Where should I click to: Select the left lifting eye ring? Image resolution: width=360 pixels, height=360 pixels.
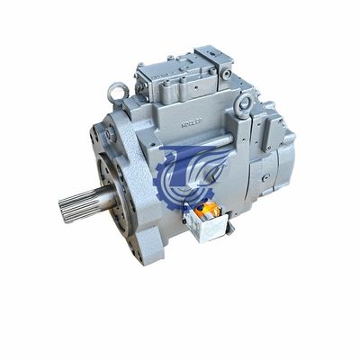116,90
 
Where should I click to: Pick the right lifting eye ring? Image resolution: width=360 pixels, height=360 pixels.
244,106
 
